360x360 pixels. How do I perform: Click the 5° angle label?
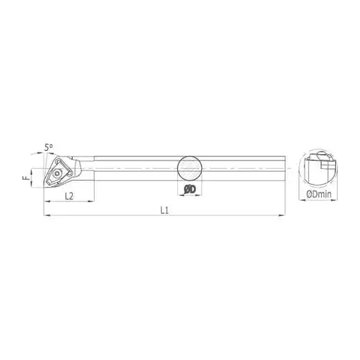point(48,147)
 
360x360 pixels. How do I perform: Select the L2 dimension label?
point(69,196)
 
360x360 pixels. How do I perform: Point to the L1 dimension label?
point(165,210)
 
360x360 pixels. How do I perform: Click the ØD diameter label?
point(190,190)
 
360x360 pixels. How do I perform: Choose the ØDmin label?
point(318,195)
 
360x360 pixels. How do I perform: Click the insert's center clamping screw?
point(57,174)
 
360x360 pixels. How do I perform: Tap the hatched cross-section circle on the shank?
point(190,168)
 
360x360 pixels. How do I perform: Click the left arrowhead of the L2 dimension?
point(47,201)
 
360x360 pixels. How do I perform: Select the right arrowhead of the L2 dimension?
point(91,201)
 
